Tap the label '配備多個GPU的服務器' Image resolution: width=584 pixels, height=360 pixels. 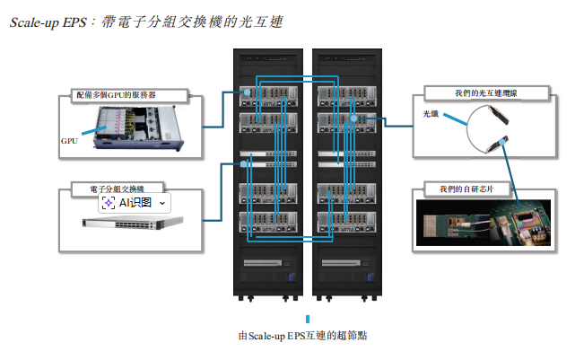[128, 93]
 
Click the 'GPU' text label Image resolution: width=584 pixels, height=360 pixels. [69, 141]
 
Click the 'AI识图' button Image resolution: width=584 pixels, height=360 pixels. [135, 203]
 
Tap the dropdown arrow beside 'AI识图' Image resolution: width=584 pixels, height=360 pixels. [162, 204]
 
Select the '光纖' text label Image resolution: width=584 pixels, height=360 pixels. [431, 114]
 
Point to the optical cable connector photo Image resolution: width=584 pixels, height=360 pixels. [490, 129]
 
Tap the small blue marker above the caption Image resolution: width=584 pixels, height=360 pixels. [308, 319]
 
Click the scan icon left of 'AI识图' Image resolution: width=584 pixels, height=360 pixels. [109, 204]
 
